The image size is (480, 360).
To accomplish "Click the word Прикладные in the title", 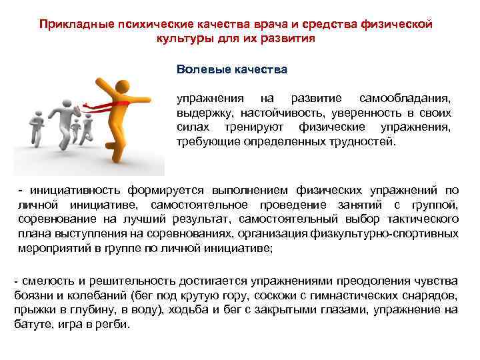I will tap(68, 24).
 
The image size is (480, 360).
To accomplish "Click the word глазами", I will tap(339, 309).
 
